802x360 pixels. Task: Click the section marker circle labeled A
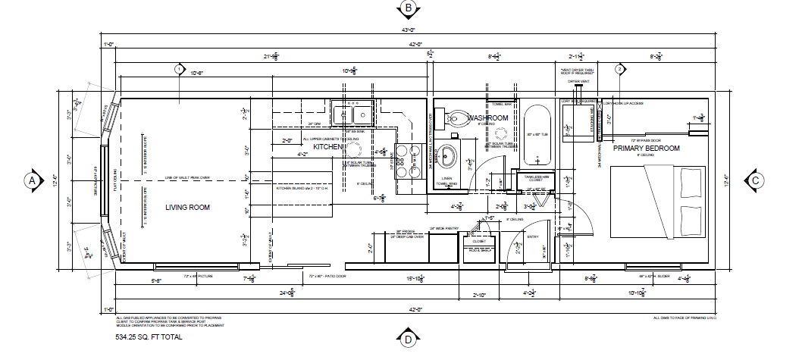click(32, 180)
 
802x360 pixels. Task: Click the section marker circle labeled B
click(409, 8)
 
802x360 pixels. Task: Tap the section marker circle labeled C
click(756, 180)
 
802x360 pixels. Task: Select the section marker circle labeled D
click(408, 339)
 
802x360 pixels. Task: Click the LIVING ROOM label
click(187, 207)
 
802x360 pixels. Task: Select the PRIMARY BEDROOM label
click(646, 149)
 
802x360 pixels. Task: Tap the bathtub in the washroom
click(537, 136)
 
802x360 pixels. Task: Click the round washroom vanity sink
click(449, 158)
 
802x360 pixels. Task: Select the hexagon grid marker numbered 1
click(180, 69)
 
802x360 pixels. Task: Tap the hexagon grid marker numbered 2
click(619, 69)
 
